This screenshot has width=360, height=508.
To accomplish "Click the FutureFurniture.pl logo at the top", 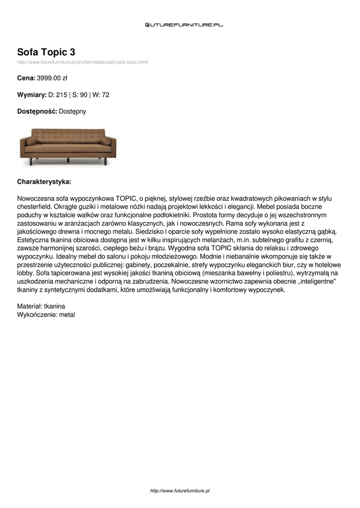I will point(184,24).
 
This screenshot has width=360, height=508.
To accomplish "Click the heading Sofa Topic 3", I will point(46,52).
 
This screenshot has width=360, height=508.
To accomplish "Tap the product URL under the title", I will point(83,62).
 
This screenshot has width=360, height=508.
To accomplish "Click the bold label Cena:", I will point(26,78).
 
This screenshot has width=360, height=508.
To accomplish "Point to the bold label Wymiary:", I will point(31,95).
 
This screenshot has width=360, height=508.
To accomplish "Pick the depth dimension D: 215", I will point(58,95).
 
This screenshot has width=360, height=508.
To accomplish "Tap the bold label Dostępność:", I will point(37,112).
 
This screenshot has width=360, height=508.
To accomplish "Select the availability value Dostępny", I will point(72,112).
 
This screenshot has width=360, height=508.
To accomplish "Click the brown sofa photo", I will point(67,146).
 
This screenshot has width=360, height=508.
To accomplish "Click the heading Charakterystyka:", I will point(44,182).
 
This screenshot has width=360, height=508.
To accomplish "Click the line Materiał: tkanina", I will point(41,306).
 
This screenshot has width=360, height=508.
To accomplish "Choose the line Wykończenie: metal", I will point(46,315).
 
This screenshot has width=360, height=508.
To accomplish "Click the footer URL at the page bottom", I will point(180,491).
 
